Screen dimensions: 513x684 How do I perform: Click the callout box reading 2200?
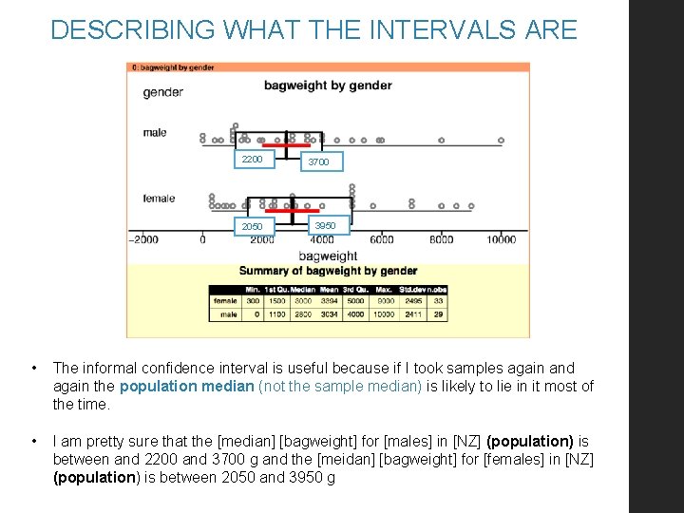tap(254, 159)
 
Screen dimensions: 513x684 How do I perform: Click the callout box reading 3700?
tap(319, 162)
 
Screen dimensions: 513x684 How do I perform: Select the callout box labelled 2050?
tap(254, 227)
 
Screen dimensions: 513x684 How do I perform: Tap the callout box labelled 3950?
tap(325, 226)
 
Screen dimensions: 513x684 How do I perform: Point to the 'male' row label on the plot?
tap(155, 133)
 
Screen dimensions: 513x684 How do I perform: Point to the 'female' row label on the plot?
tap(159, 199)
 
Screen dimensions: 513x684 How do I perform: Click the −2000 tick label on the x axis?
tap(145, 240)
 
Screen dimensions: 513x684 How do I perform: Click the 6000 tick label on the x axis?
tap(381, 240)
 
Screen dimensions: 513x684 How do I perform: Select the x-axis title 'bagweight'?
tap(328, 256)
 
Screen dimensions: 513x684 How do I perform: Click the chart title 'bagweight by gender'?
tap(327, 85)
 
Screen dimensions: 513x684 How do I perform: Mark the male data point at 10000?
tap(501, 141)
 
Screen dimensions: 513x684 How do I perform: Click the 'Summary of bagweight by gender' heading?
tap(328, 271)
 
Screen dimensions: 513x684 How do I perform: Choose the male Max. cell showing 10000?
tap(385, 313)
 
